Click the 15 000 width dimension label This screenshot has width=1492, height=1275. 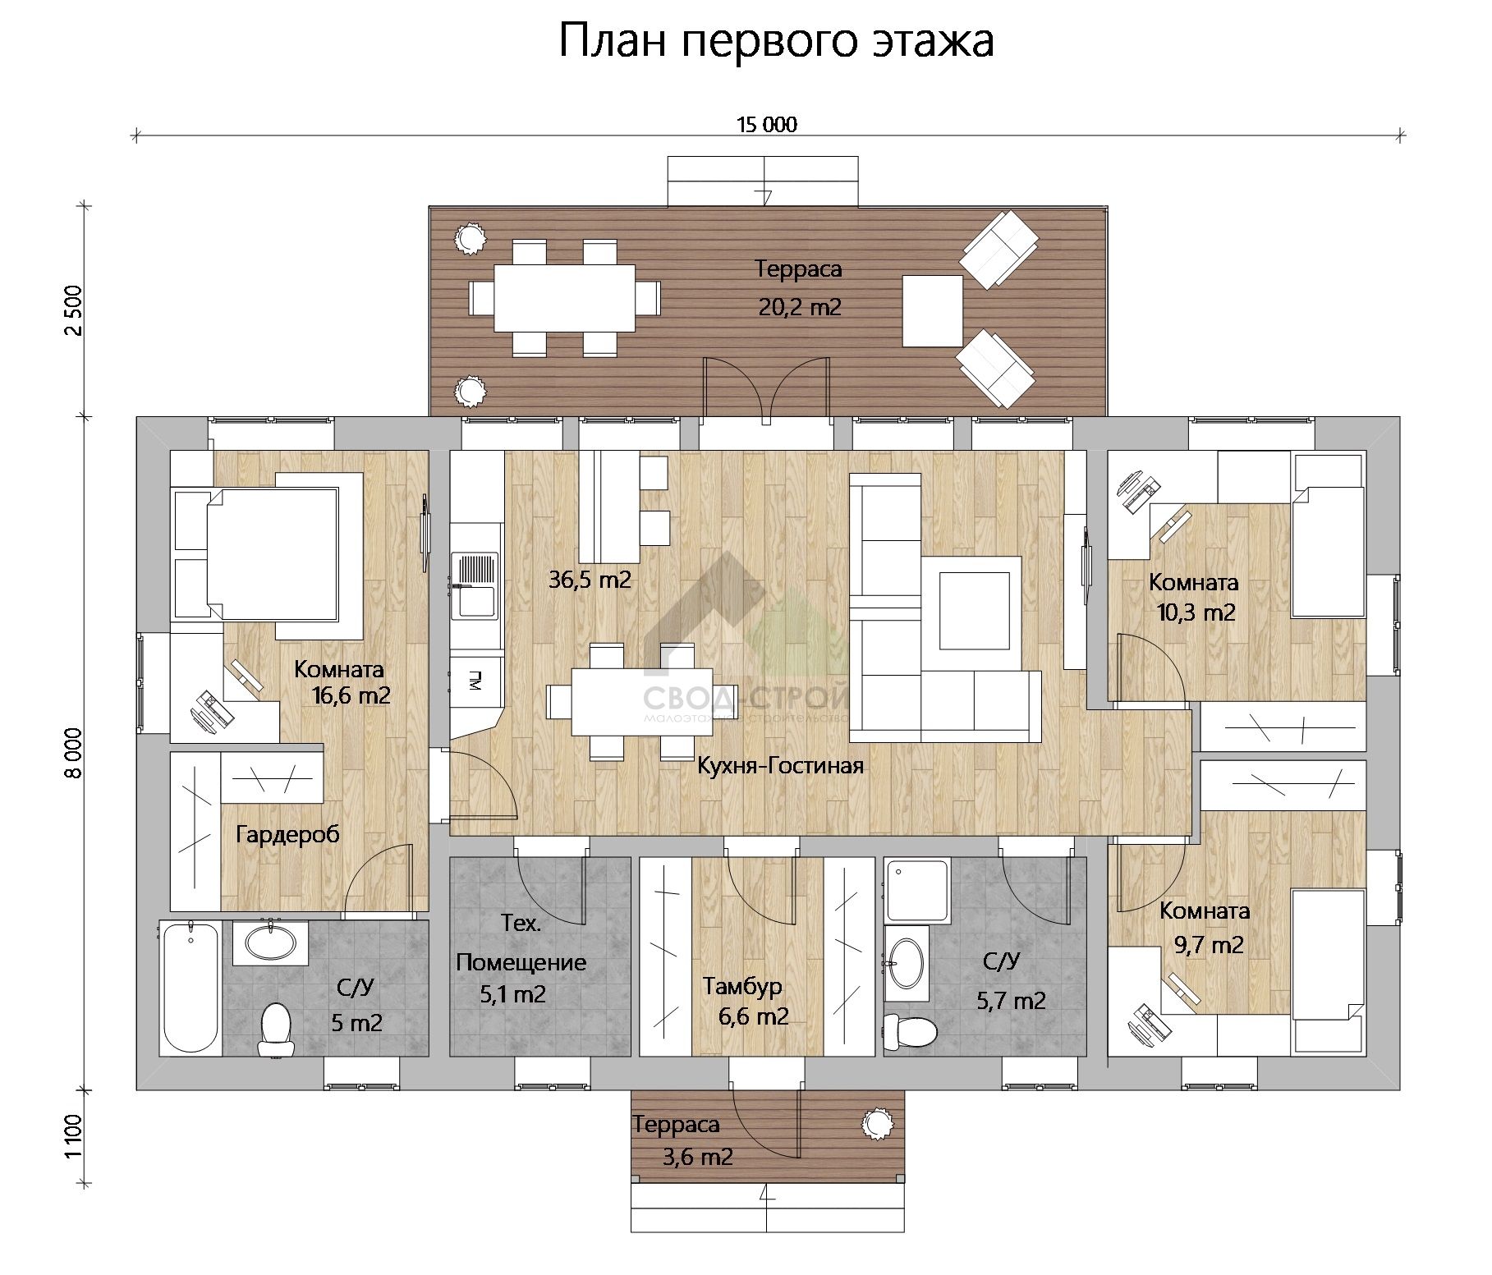pos(766,125)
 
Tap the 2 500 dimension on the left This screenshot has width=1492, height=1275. pos(74,310)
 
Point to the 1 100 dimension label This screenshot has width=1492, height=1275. pos(74,1136)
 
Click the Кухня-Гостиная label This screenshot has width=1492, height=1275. pos(780,766)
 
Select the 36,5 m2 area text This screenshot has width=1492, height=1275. pos(590,580)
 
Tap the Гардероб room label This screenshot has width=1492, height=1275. pos(287,834)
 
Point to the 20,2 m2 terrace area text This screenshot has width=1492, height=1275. pos(799,308)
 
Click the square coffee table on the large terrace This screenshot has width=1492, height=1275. pos(932,311)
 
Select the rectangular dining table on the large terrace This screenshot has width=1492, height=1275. pos(564,297)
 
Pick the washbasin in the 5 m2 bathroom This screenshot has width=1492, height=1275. pos(270,942)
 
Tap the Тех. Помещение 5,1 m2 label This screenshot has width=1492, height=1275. pos(521,960)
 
